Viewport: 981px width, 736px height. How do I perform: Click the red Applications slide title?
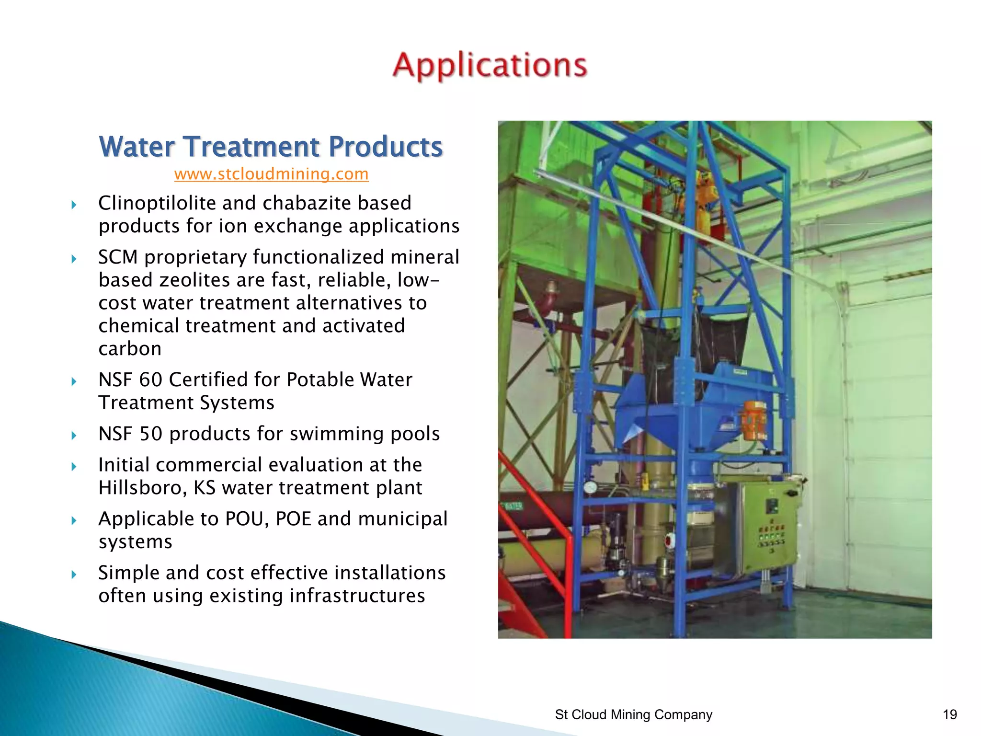coord(490,66)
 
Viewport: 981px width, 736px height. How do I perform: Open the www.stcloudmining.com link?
coord(271,174)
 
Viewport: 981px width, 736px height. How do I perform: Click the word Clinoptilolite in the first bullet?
coord(157,203)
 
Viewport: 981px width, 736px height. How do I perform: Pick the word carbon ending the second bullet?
coord(130,349)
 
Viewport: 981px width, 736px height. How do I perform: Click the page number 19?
coord(949,714)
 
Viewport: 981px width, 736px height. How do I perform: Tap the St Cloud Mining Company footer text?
coord(633,714)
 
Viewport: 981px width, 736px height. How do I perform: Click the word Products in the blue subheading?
coord(386,147)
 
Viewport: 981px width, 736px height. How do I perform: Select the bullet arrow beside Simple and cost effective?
coord(74,574)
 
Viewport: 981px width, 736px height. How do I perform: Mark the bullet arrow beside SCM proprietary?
coord(74,259)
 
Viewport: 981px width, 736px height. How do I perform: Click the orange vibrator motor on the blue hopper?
coord(754,420)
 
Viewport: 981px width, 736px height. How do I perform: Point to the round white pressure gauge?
coord(590,488)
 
